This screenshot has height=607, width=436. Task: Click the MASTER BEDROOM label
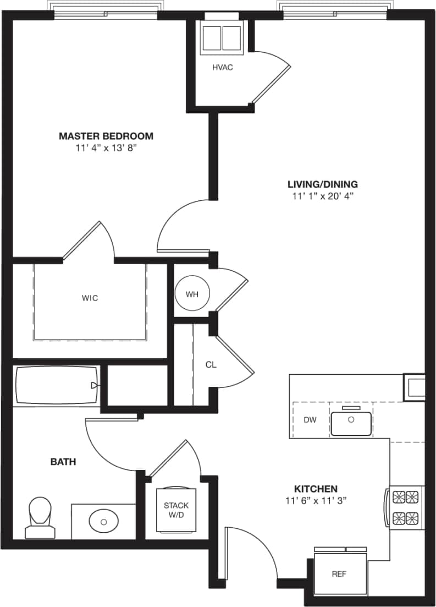pyautogui.click(x=106, y=136)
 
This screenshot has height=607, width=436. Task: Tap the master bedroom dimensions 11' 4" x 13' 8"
pyautogui.click(x=106, y=148)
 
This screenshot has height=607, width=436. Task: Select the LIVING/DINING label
pyautogui.click(x=323, y=184)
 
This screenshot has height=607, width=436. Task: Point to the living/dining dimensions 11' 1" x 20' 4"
pyautogui.click(x=323, y=196)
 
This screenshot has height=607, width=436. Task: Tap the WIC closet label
pyautogui.click(x=90, y=298)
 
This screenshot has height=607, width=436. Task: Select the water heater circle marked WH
pyautogui.click(x=191, y=294)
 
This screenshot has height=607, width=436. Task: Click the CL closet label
pyautogui.click(x=211, y=364)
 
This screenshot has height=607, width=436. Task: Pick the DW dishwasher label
pyautogui.click(x=310, y=420)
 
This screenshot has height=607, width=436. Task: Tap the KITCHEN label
pyautogui.click(x=316, y=489)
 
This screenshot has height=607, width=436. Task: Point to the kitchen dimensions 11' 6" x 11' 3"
pyautogui.click(x=316, y=501)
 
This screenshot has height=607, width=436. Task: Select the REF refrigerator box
pyautogui.click(x=340, y=574)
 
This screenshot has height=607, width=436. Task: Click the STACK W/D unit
pyautogui.click(x=176, y=510)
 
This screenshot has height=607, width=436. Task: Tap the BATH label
pyautogui.click(x=63, y=462)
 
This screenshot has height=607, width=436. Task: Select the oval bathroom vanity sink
pyautogui.click(x=103, y=520)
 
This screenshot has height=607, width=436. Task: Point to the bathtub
pyautogui.click(x=56, y=385)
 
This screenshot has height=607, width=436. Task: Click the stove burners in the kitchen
pyautogui.click(x=405, y=507)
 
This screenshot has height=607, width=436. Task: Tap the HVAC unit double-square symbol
pyautogui.click(x=222, y=38)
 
